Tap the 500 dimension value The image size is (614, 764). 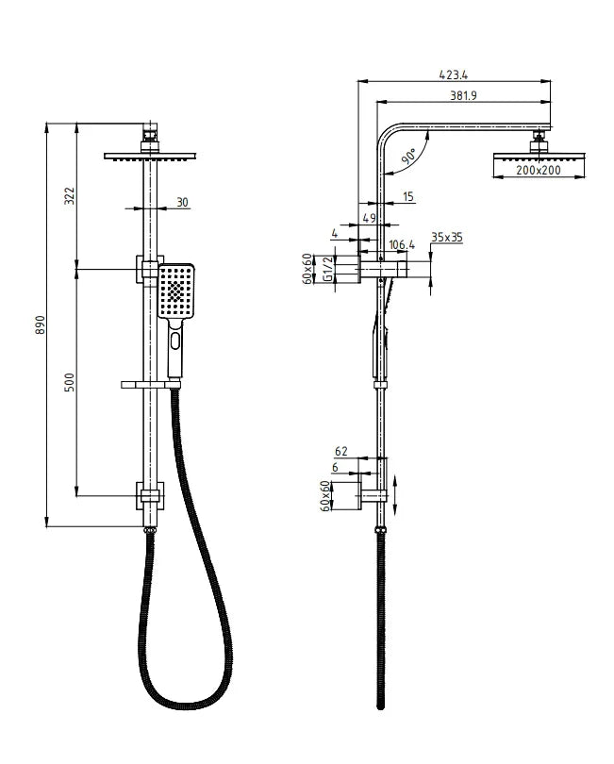pyautogui.click(x=70, y=383)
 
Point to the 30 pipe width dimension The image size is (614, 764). pyautogui.click(x=181, y=203)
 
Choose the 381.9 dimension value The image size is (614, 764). pyautogui.click(x=464, y=95)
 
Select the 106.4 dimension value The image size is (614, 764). pyautogui.click(x=401, y=245)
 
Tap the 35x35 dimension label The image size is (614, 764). pyautogui.click(x=446, y=238)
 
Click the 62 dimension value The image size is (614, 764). pyautogui.click(x=340, y=452)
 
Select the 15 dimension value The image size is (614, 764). pyautogui.click(x=407, y=197)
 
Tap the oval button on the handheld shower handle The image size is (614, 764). pyautogui.click(x=174, y=341)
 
